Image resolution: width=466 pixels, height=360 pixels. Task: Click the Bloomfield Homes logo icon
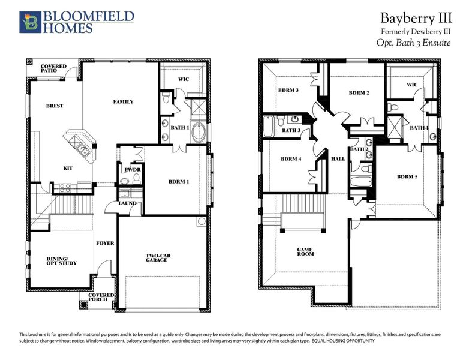click(28, 22)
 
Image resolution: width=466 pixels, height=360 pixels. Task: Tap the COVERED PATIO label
click(53, 70)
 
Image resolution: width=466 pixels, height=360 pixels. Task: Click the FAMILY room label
click(123, 102)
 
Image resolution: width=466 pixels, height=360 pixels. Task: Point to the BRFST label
click(55, 106)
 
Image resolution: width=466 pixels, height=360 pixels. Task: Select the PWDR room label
click(132, 170)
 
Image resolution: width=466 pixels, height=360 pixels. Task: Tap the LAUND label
click(128, 203)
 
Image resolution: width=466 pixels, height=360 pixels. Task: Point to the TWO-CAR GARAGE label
click(158, 259)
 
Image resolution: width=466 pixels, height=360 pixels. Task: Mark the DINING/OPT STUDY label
click(62, 261)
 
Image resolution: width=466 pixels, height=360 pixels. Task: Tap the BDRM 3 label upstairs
click(288, 91)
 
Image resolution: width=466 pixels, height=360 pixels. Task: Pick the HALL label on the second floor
click(338, 159)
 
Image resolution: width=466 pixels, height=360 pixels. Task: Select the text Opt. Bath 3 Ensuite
click(413, 43)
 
